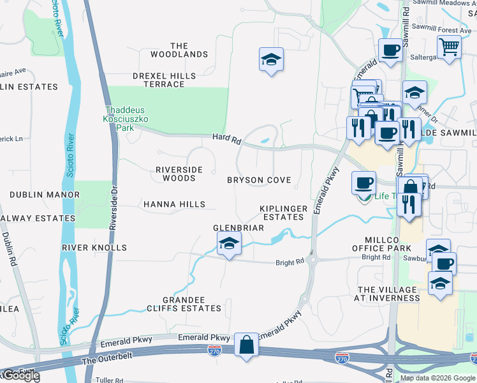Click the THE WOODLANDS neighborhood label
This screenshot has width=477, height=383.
[x=179, y=50]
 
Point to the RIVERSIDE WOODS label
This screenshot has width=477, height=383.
[x=179, y=174]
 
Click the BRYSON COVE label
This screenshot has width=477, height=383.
[x=259, y=180]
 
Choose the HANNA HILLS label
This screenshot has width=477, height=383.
[x=174, y=204]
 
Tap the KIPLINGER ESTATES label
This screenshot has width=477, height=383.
[x=284, y=213]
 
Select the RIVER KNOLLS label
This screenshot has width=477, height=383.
[x=94, y=247]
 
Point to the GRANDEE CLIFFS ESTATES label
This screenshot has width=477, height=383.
[x=183, y=304]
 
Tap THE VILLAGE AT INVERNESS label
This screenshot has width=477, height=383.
[x=386, y=294]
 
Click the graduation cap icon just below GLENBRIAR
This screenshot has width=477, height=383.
[x=229, y=243]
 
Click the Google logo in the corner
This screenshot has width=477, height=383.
[x=21, y=376]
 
